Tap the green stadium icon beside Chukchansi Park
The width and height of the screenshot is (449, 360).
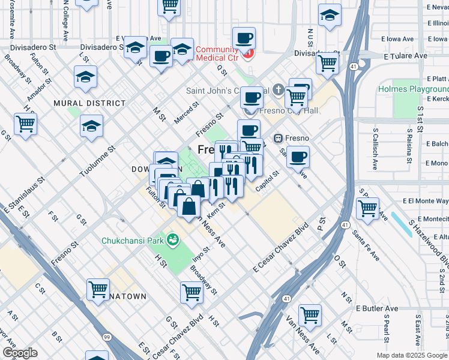[173, 240]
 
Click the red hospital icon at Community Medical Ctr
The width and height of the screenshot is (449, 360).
[249, 53]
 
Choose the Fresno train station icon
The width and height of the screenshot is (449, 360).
[279, 138]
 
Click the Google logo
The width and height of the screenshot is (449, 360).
[20, 353]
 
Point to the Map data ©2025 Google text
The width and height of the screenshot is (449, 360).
[411, 355]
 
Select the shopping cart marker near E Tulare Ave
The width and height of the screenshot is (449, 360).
[327, 62]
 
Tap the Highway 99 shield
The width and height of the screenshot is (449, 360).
[106, 338]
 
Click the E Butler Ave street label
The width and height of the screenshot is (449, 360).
[377, 308]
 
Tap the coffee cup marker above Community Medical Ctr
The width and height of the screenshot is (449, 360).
[244, 39]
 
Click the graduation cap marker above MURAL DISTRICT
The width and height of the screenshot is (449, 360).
[86, 77]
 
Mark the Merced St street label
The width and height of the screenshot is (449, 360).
[186, 112]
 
